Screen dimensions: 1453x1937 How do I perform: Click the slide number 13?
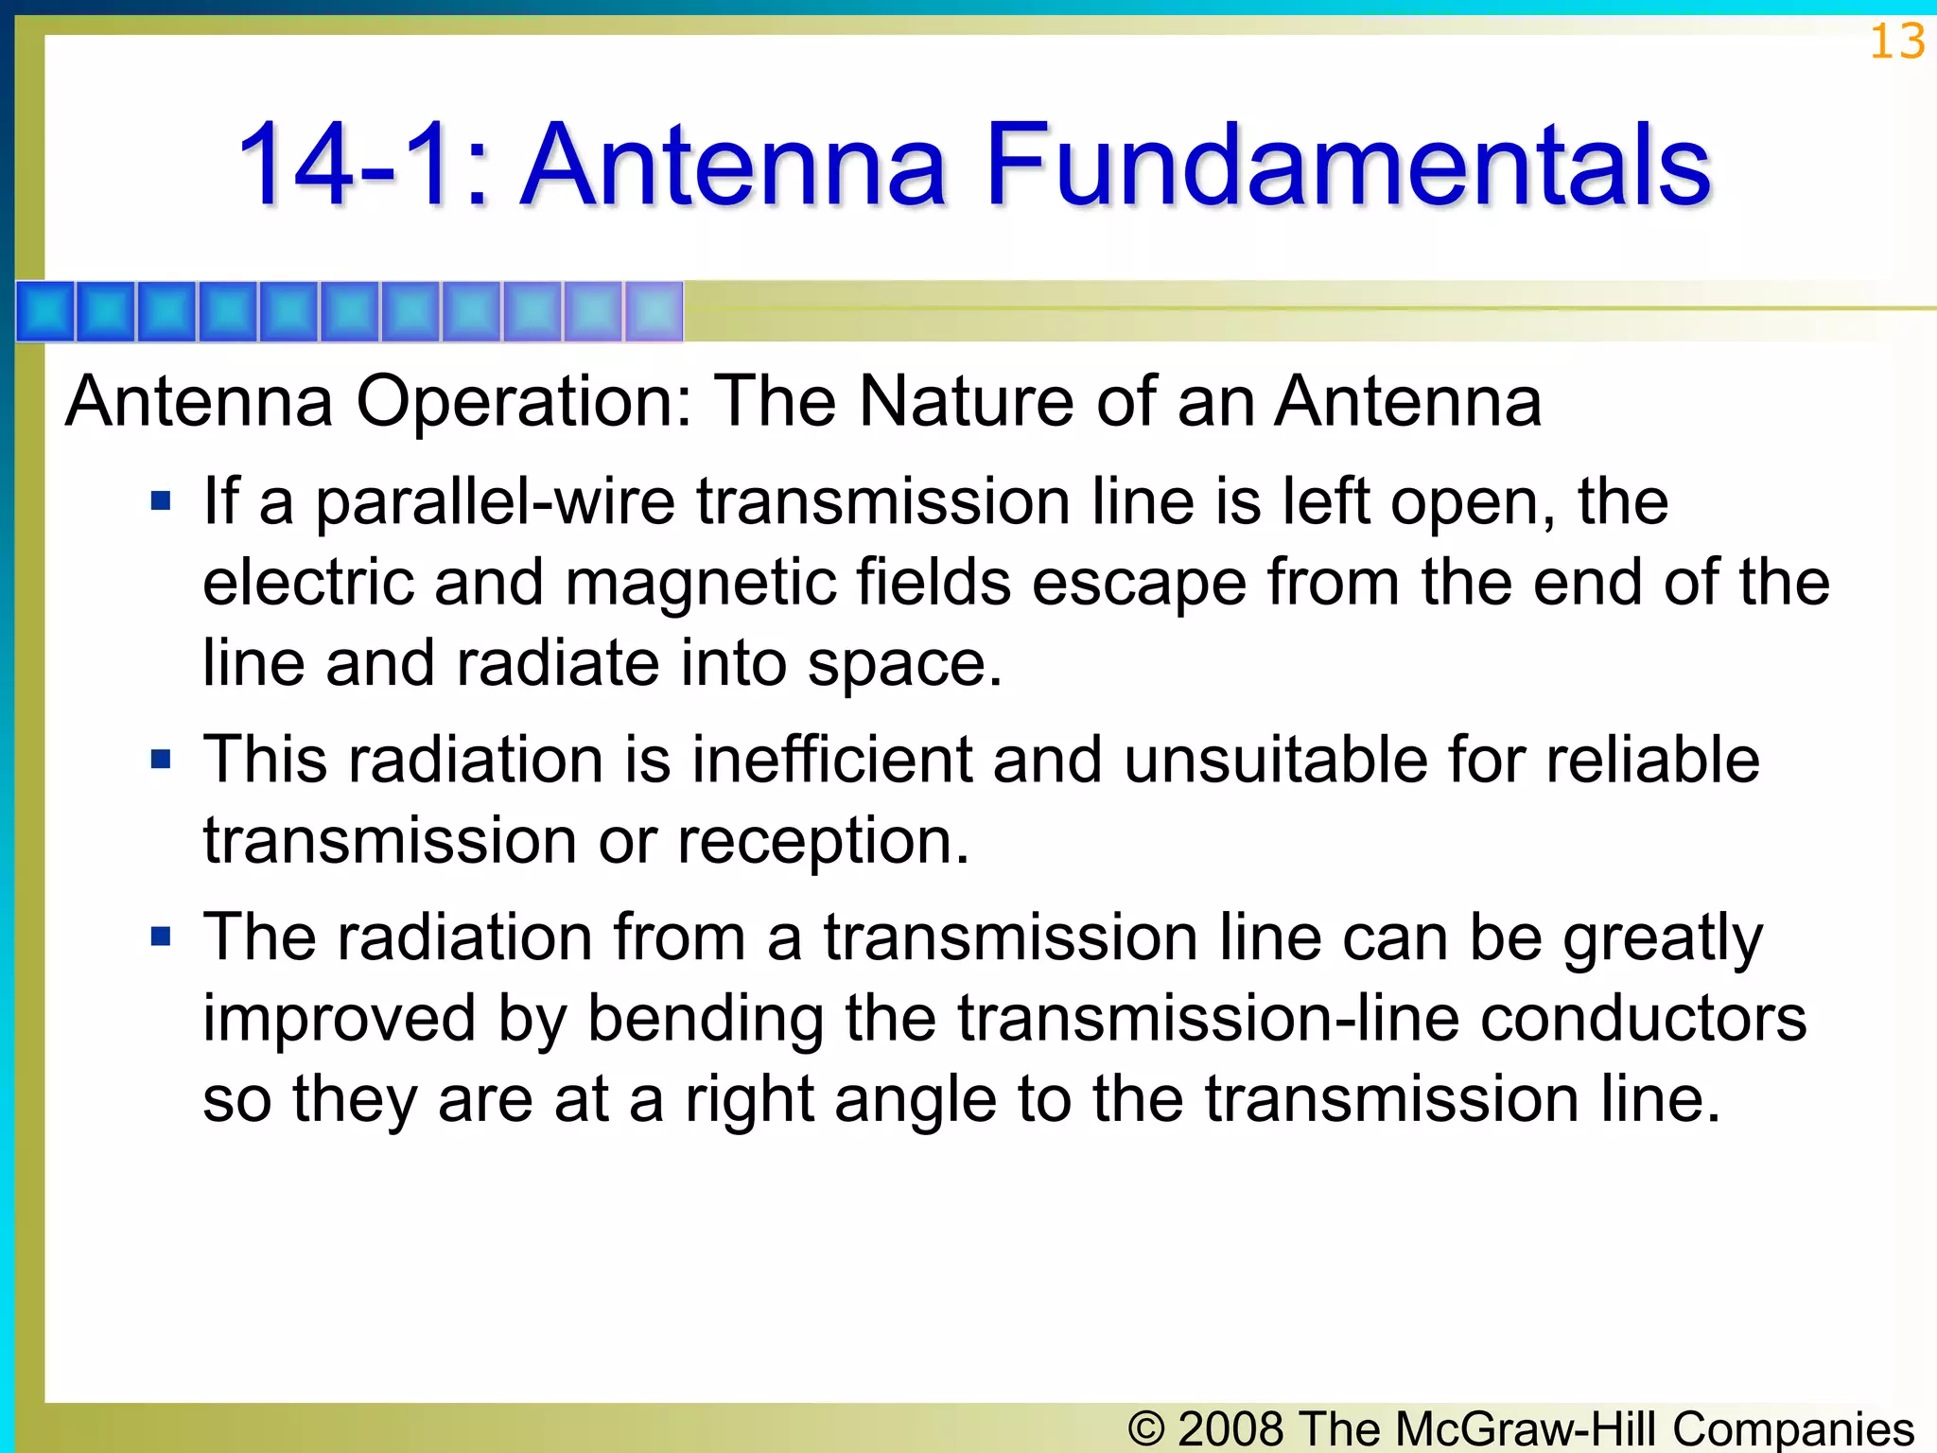point(1896,43)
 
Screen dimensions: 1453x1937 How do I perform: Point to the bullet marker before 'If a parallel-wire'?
point(161,500)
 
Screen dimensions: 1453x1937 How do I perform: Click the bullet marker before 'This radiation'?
point(161,759)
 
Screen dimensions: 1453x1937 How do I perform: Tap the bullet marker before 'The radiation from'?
point(161,937)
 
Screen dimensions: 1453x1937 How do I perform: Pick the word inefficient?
point(831,760)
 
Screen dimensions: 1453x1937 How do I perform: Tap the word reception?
point(823,841)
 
